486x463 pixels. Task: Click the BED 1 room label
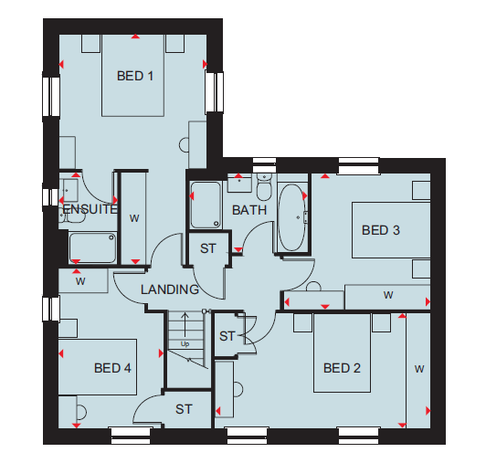point(135,76)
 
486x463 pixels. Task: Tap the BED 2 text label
point(342,368)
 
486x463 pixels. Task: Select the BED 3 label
point(381,230)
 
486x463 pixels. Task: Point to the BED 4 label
point(112,368)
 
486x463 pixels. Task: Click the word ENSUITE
point(90,209)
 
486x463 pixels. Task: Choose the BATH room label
point(249,210)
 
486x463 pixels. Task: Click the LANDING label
point(170,289)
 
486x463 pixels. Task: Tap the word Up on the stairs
point(185,344)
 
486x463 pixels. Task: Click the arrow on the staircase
point(185,324)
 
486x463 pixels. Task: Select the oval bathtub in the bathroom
point(292,217)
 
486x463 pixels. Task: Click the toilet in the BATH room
point(264,187)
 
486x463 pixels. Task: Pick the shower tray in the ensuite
point(92,247)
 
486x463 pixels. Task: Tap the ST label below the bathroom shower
point(207,248)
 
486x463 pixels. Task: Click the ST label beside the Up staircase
point(227,336)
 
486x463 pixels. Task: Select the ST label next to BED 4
point(184,409)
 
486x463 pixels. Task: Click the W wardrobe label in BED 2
point(419,369)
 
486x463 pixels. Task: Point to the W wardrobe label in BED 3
point(388,295)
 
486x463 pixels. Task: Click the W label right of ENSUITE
point(134,218)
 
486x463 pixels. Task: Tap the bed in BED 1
point(133,75)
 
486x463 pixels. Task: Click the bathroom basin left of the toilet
point(239,183)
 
